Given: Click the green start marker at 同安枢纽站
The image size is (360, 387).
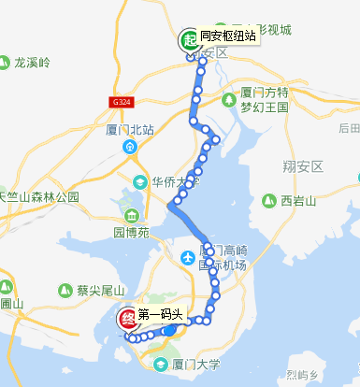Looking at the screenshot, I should (x=187, y=40).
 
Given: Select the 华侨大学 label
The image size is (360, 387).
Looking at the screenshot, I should (x=177, y=180).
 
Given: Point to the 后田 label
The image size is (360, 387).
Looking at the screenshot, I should (x=349, y=128).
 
